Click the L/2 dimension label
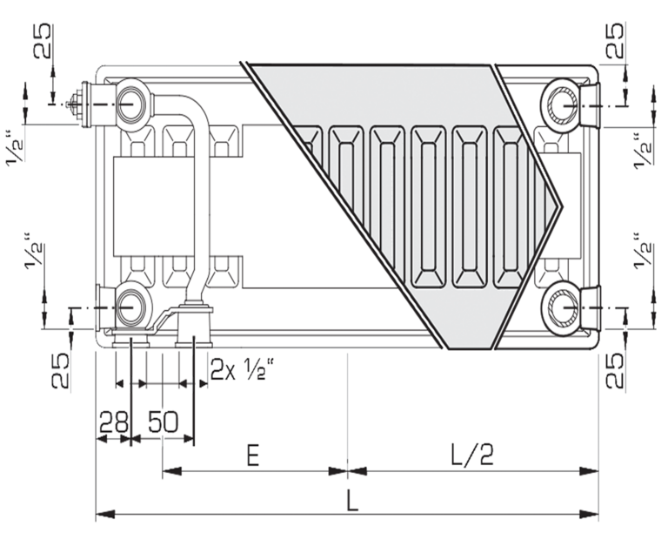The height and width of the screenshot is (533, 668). pos(473,455)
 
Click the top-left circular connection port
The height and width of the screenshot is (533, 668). pos(129,104)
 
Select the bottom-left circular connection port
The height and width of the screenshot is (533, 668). pos(129,306)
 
